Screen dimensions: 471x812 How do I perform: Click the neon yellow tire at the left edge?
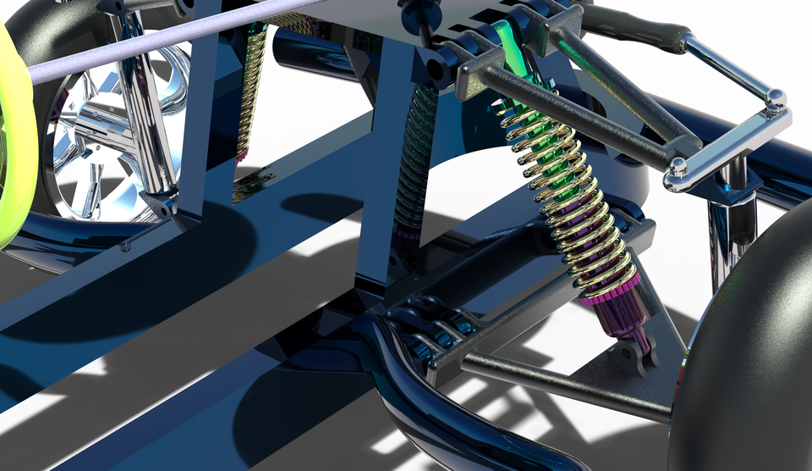click(x=10, y=127)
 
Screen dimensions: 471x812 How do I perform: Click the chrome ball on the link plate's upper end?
click(x=775, y=98)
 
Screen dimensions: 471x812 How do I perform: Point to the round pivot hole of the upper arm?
click(x=436, y=64)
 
